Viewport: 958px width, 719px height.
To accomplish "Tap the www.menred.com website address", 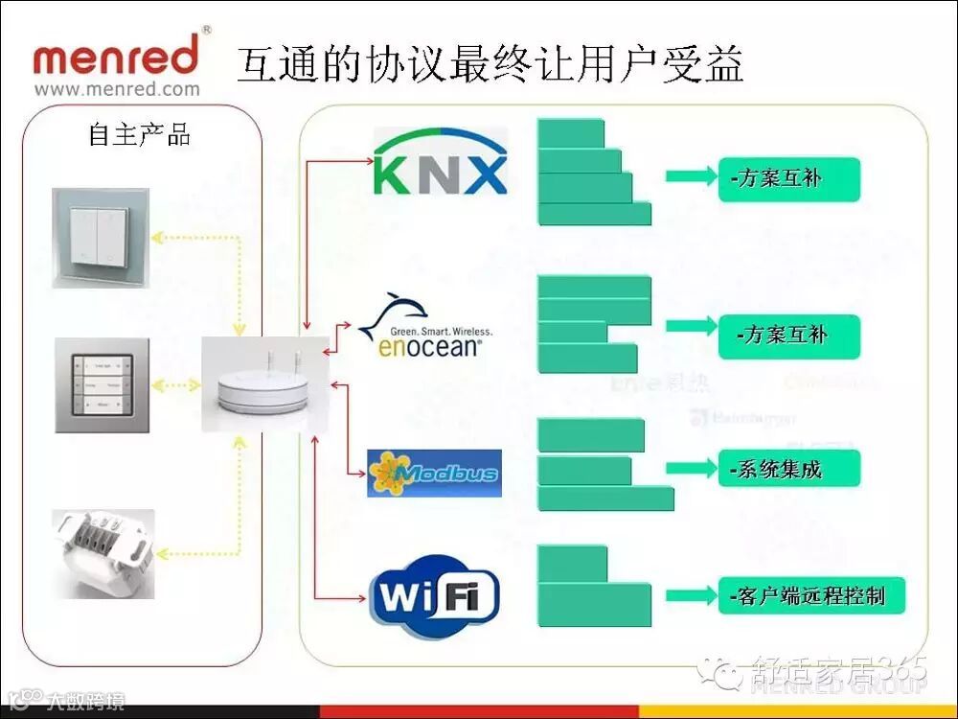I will tap(117, 90).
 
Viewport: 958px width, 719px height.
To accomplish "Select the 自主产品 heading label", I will tap(140, 134).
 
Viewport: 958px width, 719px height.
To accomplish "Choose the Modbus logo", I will tap(434, 473).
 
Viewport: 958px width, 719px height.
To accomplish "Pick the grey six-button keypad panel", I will tap(101, 385).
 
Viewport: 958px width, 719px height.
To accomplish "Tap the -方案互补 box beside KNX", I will tap(788, 178).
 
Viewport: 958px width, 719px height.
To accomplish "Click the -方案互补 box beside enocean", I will tap(788, 336).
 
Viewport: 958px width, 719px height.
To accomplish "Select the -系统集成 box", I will tap(788, 469).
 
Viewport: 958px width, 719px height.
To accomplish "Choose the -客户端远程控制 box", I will tap(810, 596).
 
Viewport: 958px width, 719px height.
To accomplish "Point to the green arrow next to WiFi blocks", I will tap(691, 595).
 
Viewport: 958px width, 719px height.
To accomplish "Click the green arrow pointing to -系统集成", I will tap(691, 469).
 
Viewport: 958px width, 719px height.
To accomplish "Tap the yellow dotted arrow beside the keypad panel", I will tap(176, 385).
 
